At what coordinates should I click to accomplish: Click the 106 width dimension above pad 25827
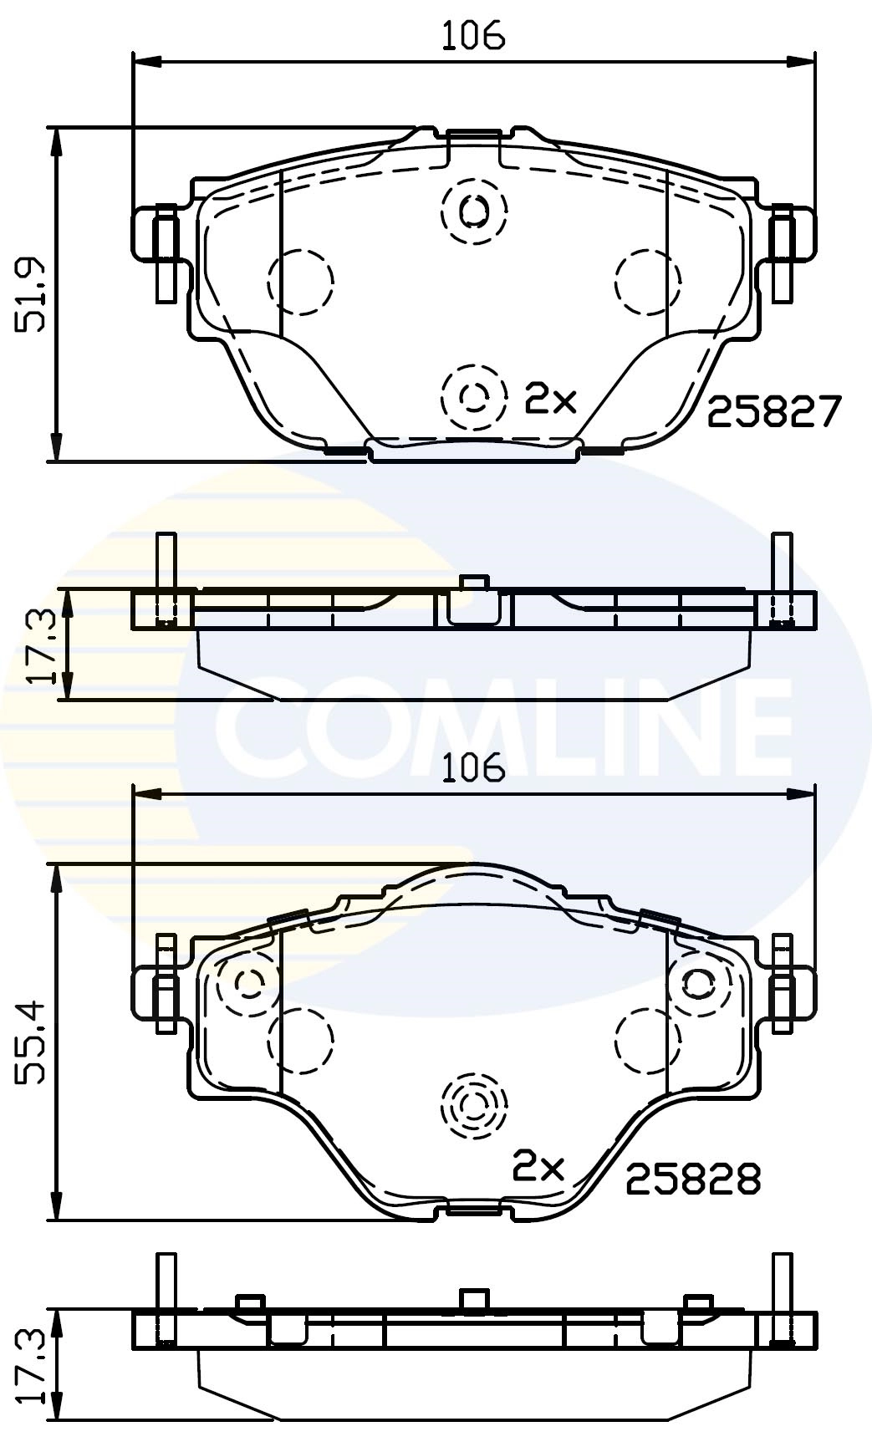tap(473, 36)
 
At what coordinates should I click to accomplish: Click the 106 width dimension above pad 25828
tap(473, 767)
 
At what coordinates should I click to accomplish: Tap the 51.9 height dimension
tap(33, 293)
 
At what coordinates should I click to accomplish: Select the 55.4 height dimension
tap(33, 1041)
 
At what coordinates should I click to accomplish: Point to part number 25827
tap(773, 412)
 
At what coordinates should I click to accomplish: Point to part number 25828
tap(693, 1179)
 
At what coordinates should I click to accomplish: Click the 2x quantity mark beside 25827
tap(550, 400)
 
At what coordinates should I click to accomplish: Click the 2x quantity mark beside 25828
tap(538, 1167)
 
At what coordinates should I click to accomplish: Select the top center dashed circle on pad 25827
tap(474, 211)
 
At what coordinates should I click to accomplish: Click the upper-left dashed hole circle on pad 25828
tap(248, 983)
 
